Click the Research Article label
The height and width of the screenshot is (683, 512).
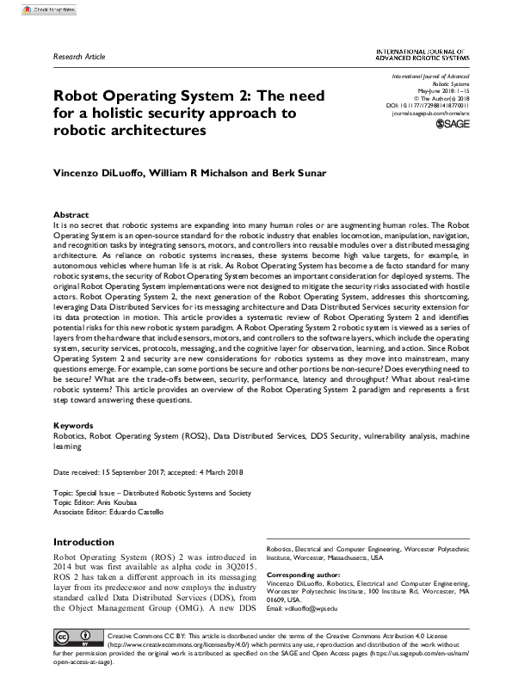pyautogui.click(x=78, y=57)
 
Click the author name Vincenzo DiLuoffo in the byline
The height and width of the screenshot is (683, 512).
pyautogui.click(x=99, y=174)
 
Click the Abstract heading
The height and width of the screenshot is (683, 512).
pyautogui.click(x=71, y=214)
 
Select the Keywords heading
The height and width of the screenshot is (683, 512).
pyautogui.click(x=74, y=426)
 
